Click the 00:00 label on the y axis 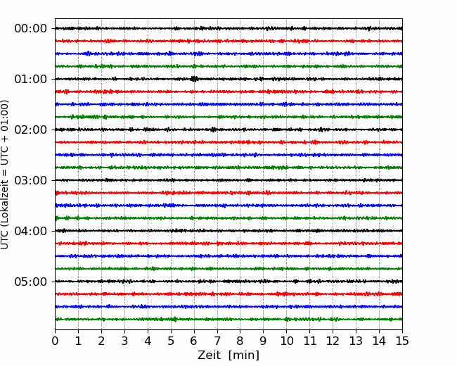pyautogui.click(x=31, y=29)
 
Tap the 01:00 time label pyautogui.click(x=31, y=79)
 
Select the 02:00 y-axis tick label pyautogui.click(x=31, y=130)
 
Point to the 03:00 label pyautogui.click(x=31, y=180)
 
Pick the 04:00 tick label pyautogui.click(x=31, y=231)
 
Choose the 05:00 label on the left pyautogui.click(x=31, y=282)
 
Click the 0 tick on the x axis pyautogui.click(x=55, y=341)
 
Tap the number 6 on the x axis pyautogui.click(x=194, y=341)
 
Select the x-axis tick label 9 pyautogui.click(x=263, y=341)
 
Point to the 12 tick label pyautogui.click(x=333, y=341)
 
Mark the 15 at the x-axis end pyautogui.click(x=402, y=341)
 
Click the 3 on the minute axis pyautogui.click(x=124, y=341)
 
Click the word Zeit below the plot pyautogui.click(x=209, y=355)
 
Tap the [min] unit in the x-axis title pyautogui.click(x=244, y=355)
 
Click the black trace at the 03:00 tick pyautogui.click(x=228, y=180)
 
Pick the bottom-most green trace pyautogui.click(x=228, y=320)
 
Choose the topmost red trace pyautogui.click(x=228, y=41)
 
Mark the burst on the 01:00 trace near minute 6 pyautogui.click(x=194, y=79)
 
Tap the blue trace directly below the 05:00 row pyautogui.click(x=228, y=306)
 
